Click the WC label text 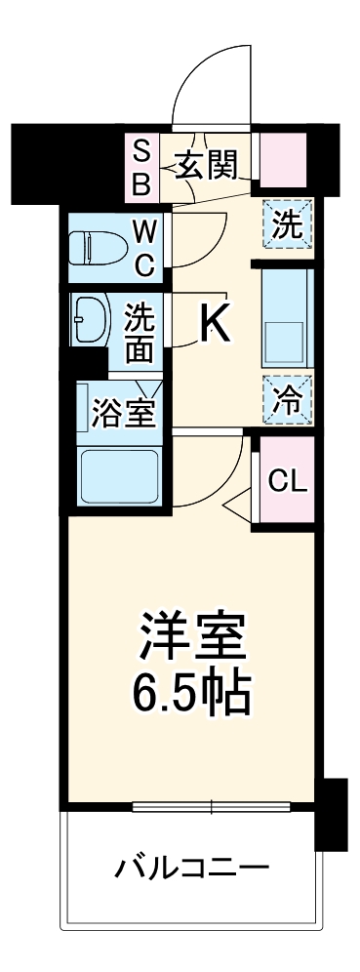(144, 247)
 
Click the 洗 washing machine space (287, 225)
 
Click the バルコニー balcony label (189, 867)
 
